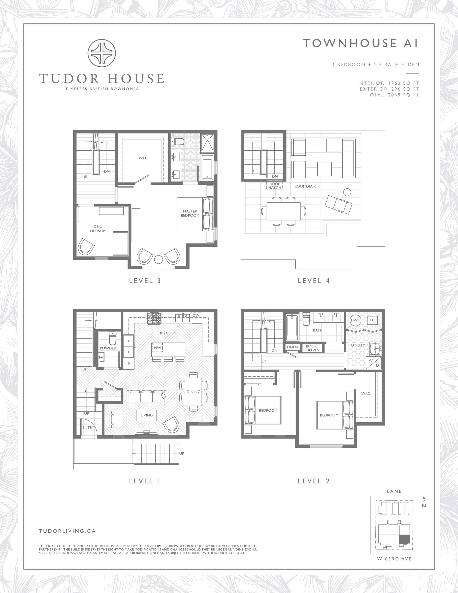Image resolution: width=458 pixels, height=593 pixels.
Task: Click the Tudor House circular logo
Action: (x=102, y=53)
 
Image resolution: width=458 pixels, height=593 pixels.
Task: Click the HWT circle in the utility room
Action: (x=355, y=320)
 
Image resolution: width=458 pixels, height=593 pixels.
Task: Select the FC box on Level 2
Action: (x=372, y=320)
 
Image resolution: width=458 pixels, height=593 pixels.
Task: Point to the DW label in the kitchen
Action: (x=196, y=316)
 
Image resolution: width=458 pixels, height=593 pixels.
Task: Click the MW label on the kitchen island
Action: (x=158, y=348)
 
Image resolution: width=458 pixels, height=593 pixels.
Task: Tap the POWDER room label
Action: (x=108, y=348)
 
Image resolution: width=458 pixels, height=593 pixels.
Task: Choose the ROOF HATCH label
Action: (x=275, y=186)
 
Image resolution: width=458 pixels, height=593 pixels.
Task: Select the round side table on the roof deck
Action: (x=347, y=192)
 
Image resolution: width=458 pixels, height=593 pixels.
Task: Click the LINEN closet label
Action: (x=292, y=347)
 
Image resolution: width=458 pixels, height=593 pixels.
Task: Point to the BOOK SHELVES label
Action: (x=311, y=348)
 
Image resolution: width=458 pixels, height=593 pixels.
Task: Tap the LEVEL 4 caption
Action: (x=314, y=281)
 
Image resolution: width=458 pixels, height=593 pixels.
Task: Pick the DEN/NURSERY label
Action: (x=98, y=229)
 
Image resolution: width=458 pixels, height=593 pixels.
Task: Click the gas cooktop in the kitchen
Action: (x=154, y=318)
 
